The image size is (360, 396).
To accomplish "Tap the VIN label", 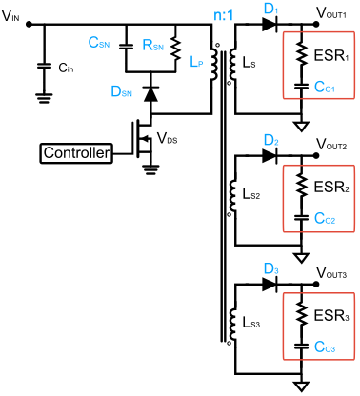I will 12,13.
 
